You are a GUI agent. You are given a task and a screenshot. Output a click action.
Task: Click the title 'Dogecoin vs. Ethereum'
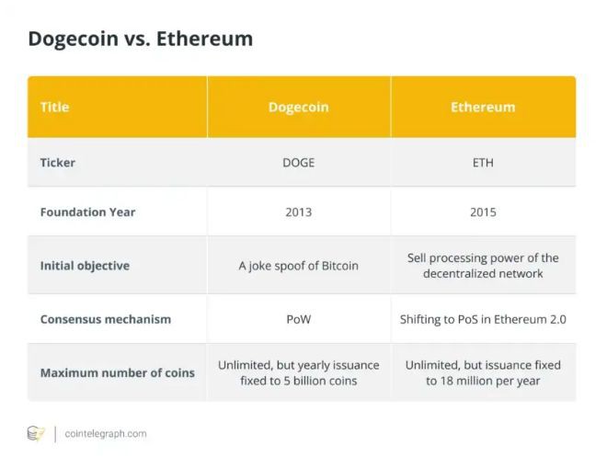[x=140, y=39]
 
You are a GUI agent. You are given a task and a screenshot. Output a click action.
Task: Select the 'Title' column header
[x=54, y=108]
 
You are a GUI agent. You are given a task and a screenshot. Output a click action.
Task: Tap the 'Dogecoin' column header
[x=298, y=108]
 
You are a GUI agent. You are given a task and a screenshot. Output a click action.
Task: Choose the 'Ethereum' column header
[x=483, y=108]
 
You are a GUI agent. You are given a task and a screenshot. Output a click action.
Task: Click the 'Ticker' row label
[x=58, y=163]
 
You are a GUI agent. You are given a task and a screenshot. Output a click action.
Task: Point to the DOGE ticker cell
[x=298, y=163]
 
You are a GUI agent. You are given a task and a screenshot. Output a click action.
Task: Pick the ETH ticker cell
[x=483, y=163]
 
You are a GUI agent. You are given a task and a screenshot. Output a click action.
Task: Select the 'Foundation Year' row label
[x=87, y=212]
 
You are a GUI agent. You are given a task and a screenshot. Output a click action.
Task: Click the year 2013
[x=298, y=212]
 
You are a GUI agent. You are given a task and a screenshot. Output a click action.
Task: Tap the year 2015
[x=483, y=212]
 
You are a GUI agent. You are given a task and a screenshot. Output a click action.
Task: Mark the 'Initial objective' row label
[x=85, y=266]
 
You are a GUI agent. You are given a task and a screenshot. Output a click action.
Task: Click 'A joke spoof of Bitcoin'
[x=298, y=266]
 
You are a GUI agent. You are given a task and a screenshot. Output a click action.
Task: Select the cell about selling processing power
[x=483, y=266]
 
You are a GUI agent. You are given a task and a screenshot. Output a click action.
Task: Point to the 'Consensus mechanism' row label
[x=106, y=320]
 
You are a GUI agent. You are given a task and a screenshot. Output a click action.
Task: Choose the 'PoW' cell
[x=298, y=320]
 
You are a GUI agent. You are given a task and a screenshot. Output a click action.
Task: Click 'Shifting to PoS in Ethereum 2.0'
[x=483, y=320]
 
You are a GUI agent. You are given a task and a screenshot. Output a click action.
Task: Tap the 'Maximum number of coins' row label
[x=117, y=373]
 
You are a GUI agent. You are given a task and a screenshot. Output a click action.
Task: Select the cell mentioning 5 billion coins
[x=298, y=373]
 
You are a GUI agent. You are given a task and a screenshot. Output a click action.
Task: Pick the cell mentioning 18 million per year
[x=483, y=373]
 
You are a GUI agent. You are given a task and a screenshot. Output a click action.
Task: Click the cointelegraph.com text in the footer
[x=106, y=434]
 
